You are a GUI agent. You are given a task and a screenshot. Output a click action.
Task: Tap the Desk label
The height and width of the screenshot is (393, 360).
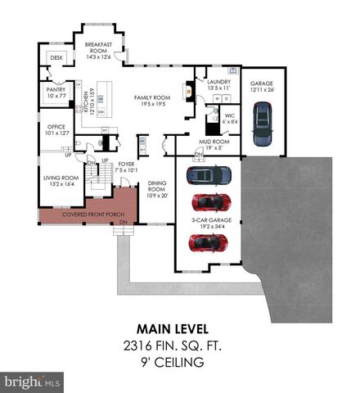[56, 58]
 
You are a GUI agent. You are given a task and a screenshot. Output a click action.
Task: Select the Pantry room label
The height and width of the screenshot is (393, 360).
[56, 92]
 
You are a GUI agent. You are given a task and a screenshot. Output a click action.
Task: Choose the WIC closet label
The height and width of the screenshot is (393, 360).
[230, 118]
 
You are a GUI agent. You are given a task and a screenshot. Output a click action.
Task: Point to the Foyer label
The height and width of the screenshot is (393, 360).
[125, 167]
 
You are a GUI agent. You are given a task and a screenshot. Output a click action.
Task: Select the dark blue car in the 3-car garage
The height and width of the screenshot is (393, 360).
[209, 174]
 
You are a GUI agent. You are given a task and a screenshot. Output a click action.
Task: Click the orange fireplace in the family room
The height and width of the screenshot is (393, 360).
[191, 93]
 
